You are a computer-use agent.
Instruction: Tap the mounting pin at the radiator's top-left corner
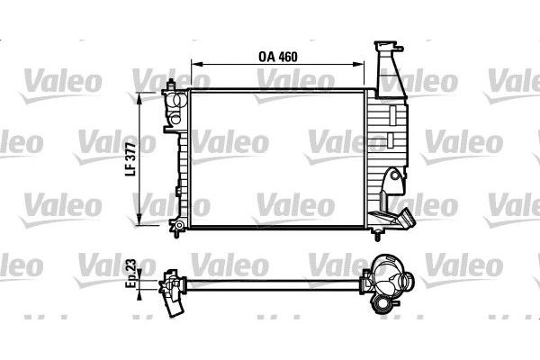[169, 87]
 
